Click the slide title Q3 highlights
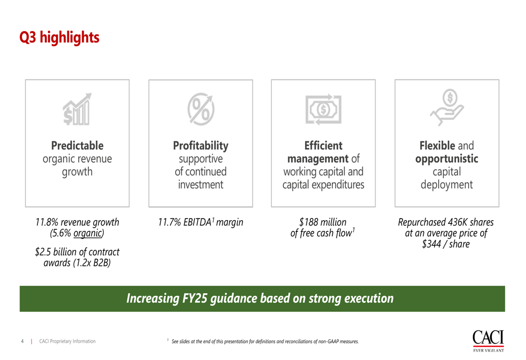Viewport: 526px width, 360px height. (x=59, y=37)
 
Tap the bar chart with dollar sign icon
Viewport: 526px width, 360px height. (x=77, y=109)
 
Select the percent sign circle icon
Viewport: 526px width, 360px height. (x=201, y=109)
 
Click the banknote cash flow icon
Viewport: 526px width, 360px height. (x=323, y=109)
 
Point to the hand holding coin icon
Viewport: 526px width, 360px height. (x=447, y=107)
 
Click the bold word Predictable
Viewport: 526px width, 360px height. (x=77, y=146)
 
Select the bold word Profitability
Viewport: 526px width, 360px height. (x=200, y=146)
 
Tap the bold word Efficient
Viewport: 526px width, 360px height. (x=323, y=146)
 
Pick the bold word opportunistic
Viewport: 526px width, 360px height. (x=447, y=159)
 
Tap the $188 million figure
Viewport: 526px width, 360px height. (x=323, y=222)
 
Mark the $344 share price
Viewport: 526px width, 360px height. (x=431, y=244)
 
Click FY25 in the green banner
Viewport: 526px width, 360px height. (x=195, y=299)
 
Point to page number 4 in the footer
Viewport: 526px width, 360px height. (x=23, y=341)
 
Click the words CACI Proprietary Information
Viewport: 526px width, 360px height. (x=67, y=341)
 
